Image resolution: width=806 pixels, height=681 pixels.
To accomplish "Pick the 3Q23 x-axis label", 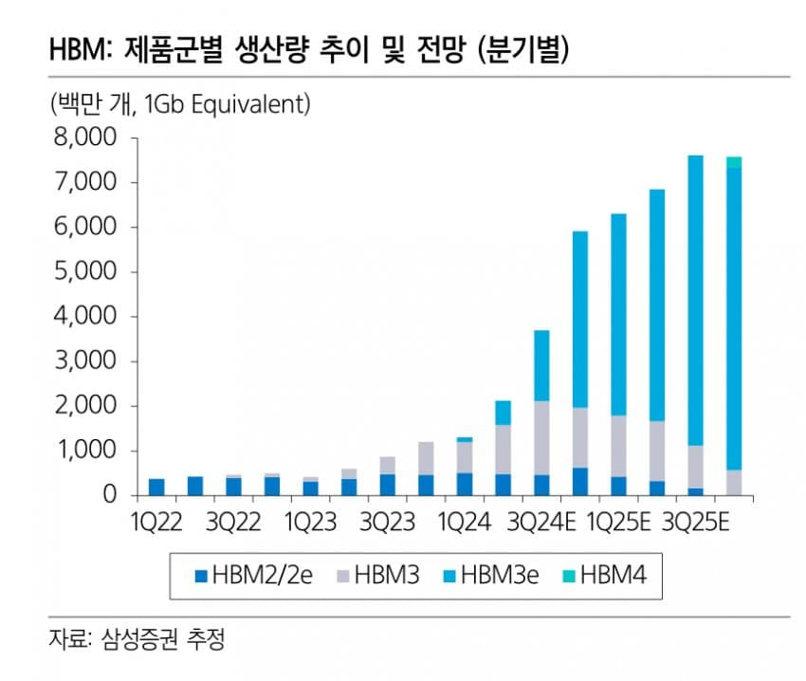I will coord(387,523).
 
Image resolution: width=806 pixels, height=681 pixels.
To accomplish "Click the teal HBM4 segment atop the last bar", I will coord(734,162).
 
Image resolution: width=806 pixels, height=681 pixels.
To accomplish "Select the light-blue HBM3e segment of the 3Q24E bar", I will coord(541,365).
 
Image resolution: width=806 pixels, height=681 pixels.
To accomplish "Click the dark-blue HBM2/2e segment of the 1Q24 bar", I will coord(465,484).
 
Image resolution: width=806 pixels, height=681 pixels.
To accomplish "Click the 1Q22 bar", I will coord(156,487).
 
